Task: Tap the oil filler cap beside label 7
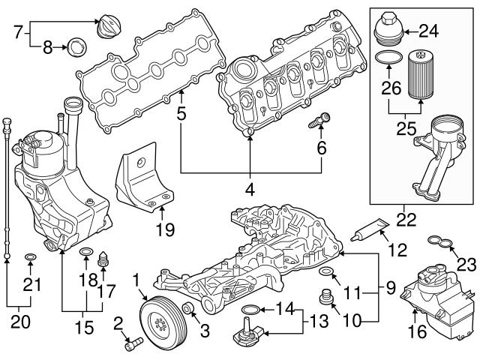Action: coord(111,28)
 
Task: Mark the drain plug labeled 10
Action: coord(327,295)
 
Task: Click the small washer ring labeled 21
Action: coord(29,259)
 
